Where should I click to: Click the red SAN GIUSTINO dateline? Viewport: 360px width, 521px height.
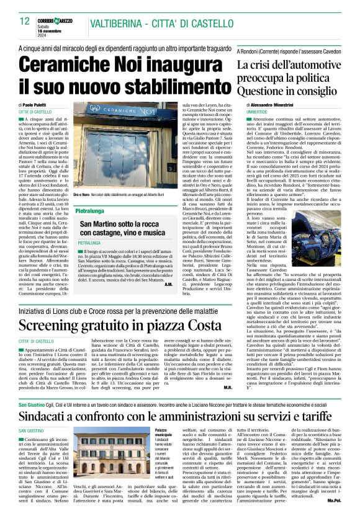pos(30,413)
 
